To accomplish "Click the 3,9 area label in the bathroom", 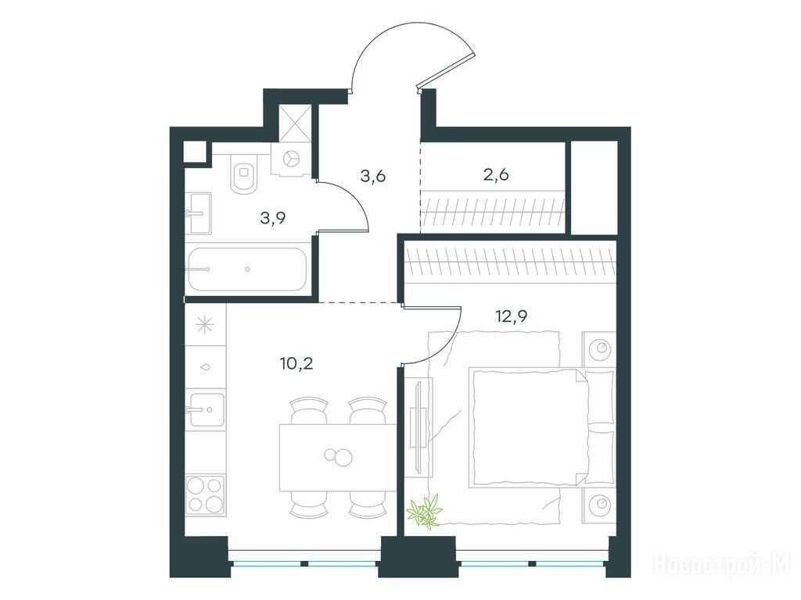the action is point(273,219).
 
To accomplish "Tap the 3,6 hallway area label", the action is point(372,177).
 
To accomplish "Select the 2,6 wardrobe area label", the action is point(495,175).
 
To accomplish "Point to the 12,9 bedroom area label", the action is point(512,316).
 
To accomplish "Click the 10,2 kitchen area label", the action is point(296,364).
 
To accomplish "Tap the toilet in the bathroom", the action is point(244,173).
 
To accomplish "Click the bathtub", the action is point(247,270).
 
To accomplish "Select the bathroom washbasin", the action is point(198,212).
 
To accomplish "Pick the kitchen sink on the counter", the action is point(206,409).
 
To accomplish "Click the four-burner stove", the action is point(206,495).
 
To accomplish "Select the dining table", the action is point(338,457).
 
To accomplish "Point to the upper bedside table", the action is point(599,349).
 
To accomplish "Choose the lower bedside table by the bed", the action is point(599,505).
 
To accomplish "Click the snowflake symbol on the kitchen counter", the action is point(206,324).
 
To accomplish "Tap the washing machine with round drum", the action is point(292,159).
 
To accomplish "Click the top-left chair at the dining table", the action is point(308,411).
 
